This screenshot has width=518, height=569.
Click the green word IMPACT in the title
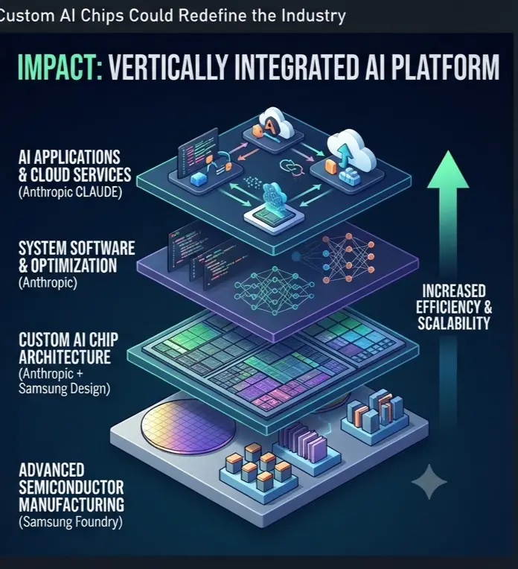60,68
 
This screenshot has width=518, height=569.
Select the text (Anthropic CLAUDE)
71,192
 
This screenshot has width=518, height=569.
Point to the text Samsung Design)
64,389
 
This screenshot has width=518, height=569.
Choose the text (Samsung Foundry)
71,522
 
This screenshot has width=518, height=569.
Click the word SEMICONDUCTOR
71,487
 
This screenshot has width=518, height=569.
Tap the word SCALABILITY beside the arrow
454,323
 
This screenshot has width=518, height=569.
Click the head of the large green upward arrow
448,170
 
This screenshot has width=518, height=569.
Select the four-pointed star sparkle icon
429,482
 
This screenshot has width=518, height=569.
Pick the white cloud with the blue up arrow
351,150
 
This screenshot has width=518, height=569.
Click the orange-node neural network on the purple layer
348,258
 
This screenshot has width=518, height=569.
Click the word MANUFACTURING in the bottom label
71,505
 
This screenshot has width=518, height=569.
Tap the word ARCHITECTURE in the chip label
65,357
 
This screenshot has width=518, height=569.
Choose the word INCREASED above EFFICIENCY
454,291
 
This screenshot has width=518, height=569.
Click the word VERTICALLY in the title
167,68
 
